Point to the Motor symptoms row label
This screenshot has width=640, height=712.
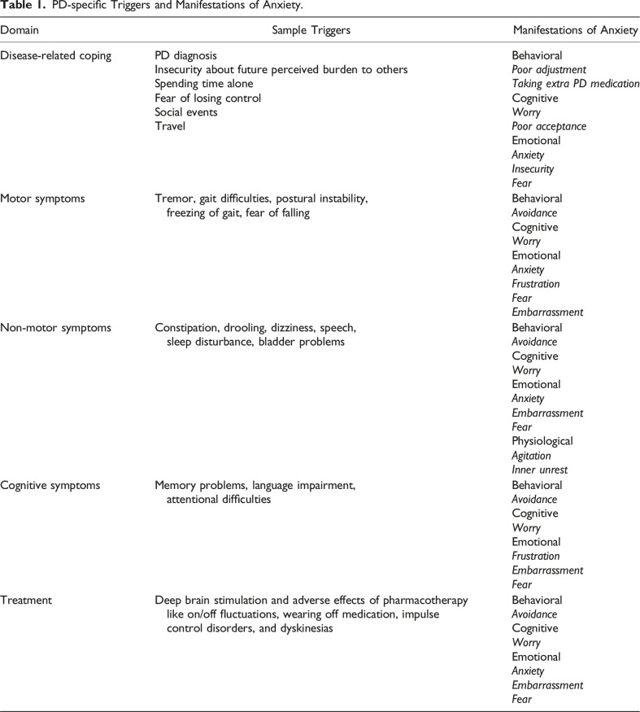coord(44,198)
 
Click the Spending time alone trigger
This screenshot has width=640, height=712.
coord(203,84)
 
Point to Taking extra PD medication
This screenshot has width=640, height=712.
coord(575,84)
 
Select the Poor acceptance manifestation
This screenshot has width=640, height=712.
coord(549,126)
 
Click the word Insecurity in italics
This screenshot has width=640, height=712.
coord(533,169)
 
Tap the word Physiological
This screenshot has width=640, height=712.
coord(542,441)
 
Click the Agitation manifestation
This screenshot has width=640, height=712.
coord(531,456)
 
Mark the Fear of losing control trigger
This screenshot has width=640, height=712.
coord(207,98)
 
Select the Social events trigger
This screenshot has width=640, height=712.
coord(188,112)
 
